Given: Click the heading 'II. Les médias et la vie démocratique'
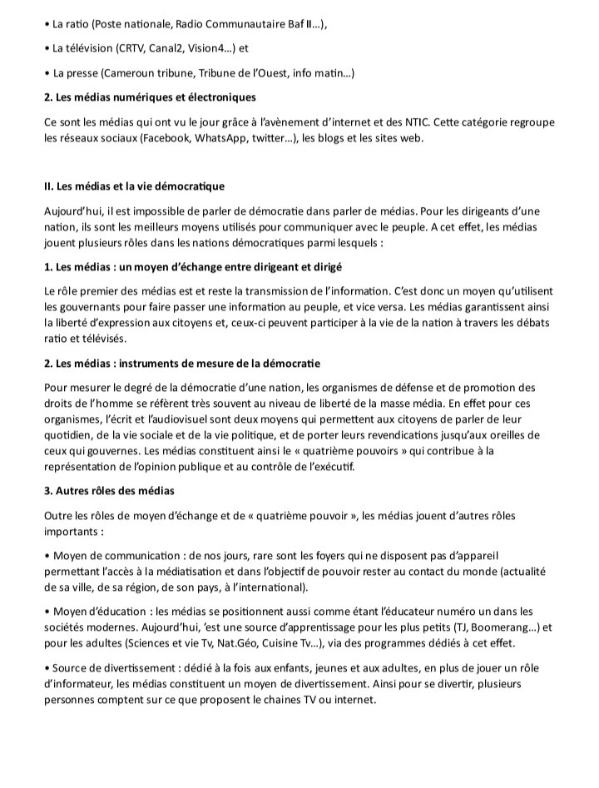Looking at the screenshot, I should point(134,186).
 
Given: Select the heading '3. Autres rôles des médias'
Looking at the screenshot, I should point(109,491).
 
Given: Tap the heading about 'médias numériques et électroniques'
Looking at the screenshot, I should point(150,98).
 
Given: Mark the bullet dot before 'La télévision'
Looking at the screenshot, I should point(47,48).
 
